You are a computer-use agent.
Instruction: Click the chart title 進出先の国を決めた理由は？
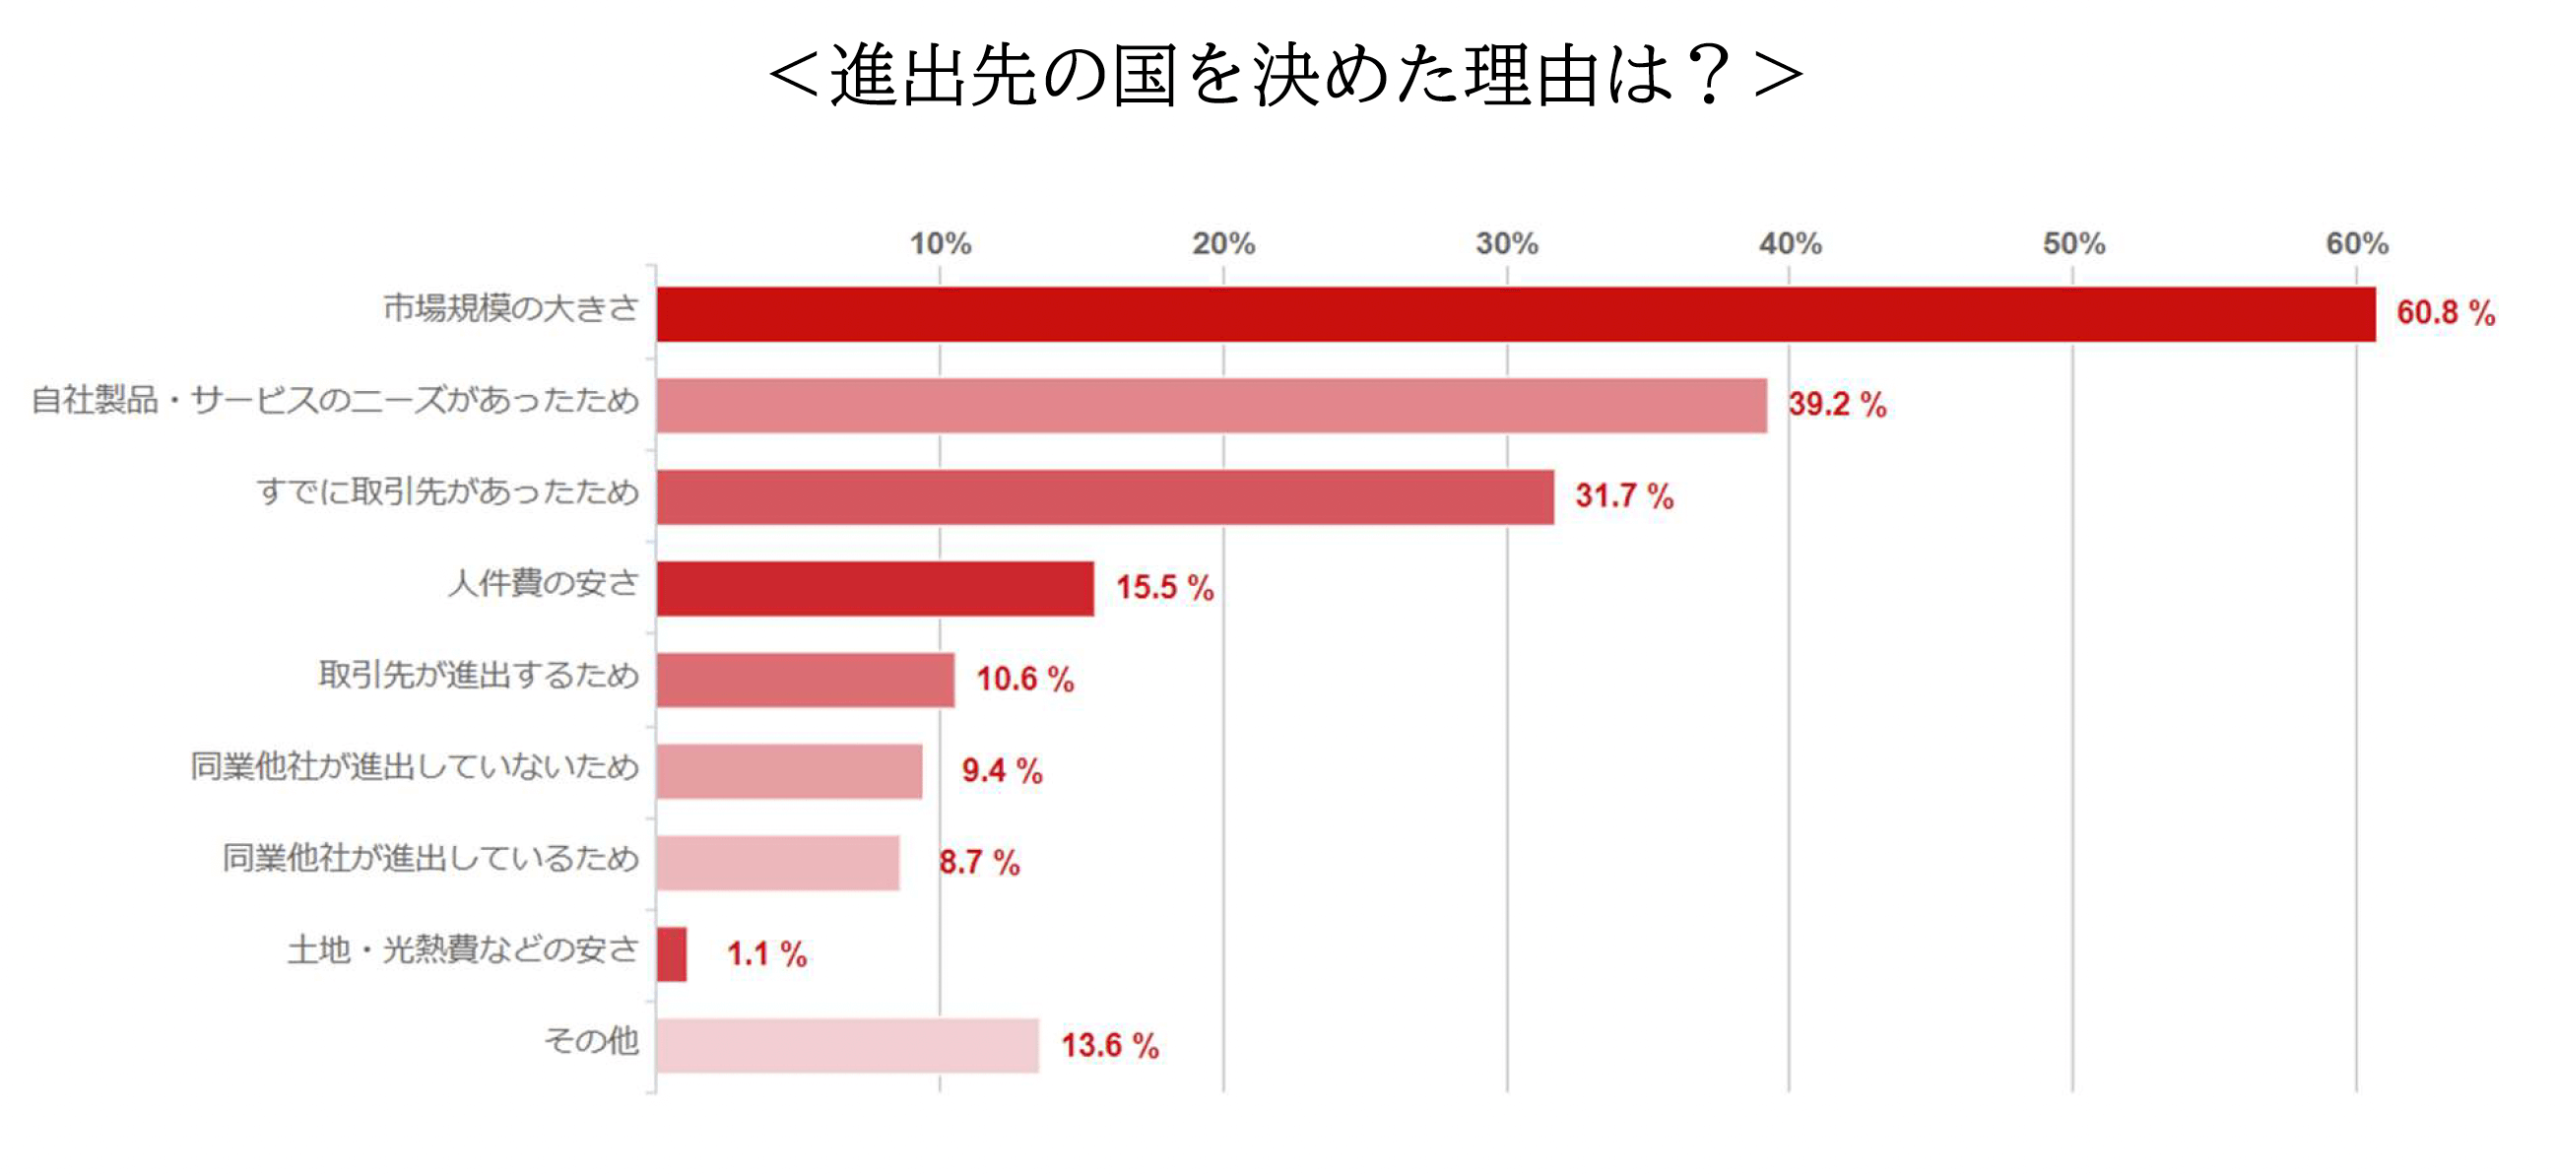click(1285, 76)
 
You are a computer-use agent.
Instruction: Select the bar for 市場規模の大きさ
click(1516, 314)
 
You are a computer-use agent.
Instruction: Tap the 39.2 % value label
click(1837, 405)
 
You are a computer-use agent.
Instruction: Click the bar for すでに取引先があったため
click(1105, 496)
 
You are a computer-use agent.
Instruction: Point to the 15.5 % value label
click(1164, 587)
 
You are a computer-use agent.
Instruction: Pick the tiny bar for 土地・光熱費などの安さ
click(672, 953)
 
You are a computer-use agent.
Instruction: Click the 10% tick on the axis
click(941, 243)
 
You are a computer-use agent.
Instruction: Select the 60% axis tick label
click(2357, 243)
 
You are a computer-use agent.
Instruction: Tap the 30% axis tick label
click(1507, 243)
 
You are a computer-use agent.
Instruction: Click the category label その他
click(591, 1041)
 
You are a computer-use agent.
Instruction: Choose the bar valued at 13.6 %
click(847, 1045)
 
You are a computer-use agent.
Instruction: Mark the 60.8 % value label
click(2445, 313)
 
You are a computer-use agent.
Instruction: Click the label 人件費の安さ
click(544, 583)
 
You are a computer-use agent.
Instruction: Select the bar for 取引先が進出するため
click(806, 680)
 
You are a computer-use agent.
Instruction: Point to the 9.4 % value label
click(1002, 770)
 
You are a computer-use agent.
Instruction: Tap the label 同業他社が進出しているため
click(430, 858)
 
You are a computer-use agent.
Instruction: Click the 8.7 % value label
click(979, 863)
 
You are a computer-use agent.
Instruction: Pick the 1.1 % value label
click(765, 953)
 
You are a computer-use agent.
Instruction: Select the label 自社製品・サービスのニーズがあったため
click(335, 401)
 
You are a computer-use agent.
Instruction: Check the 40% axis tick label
click(1791, 243)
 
